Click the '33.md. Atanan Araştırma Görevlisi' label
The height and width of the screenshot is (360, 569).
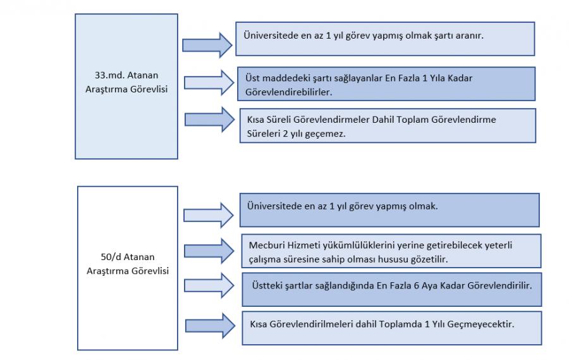coord(126,82)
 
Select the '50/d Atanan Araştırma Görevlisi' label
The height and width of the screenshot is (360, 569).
coord(128,264)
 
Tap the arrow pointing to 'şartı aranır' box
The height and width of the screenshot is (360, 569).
coord(207,46)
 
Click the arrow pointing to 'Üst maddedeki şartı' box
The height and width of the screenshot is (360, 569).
coord(209,83)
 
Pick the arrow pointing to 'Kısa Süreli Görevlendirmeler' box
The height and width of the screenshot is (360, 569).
coord(210,120)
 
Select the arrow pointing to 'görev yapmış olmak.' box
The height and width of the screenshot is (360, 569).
coord(208,215)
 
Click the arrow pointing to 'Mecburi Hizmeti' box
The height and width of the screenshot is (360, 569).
coord(209,251)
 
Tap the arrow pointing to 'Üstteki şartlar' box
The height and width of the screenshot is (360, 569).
coord(209,286)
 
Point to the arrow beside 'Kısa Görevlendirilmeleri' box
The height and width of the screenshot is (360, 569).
coord(211,326)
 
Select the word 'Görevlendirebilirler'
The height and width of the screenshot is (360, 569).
coord(288,92)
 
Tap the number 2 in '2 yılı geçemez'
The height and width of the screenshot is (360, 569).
coord(285,133)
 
